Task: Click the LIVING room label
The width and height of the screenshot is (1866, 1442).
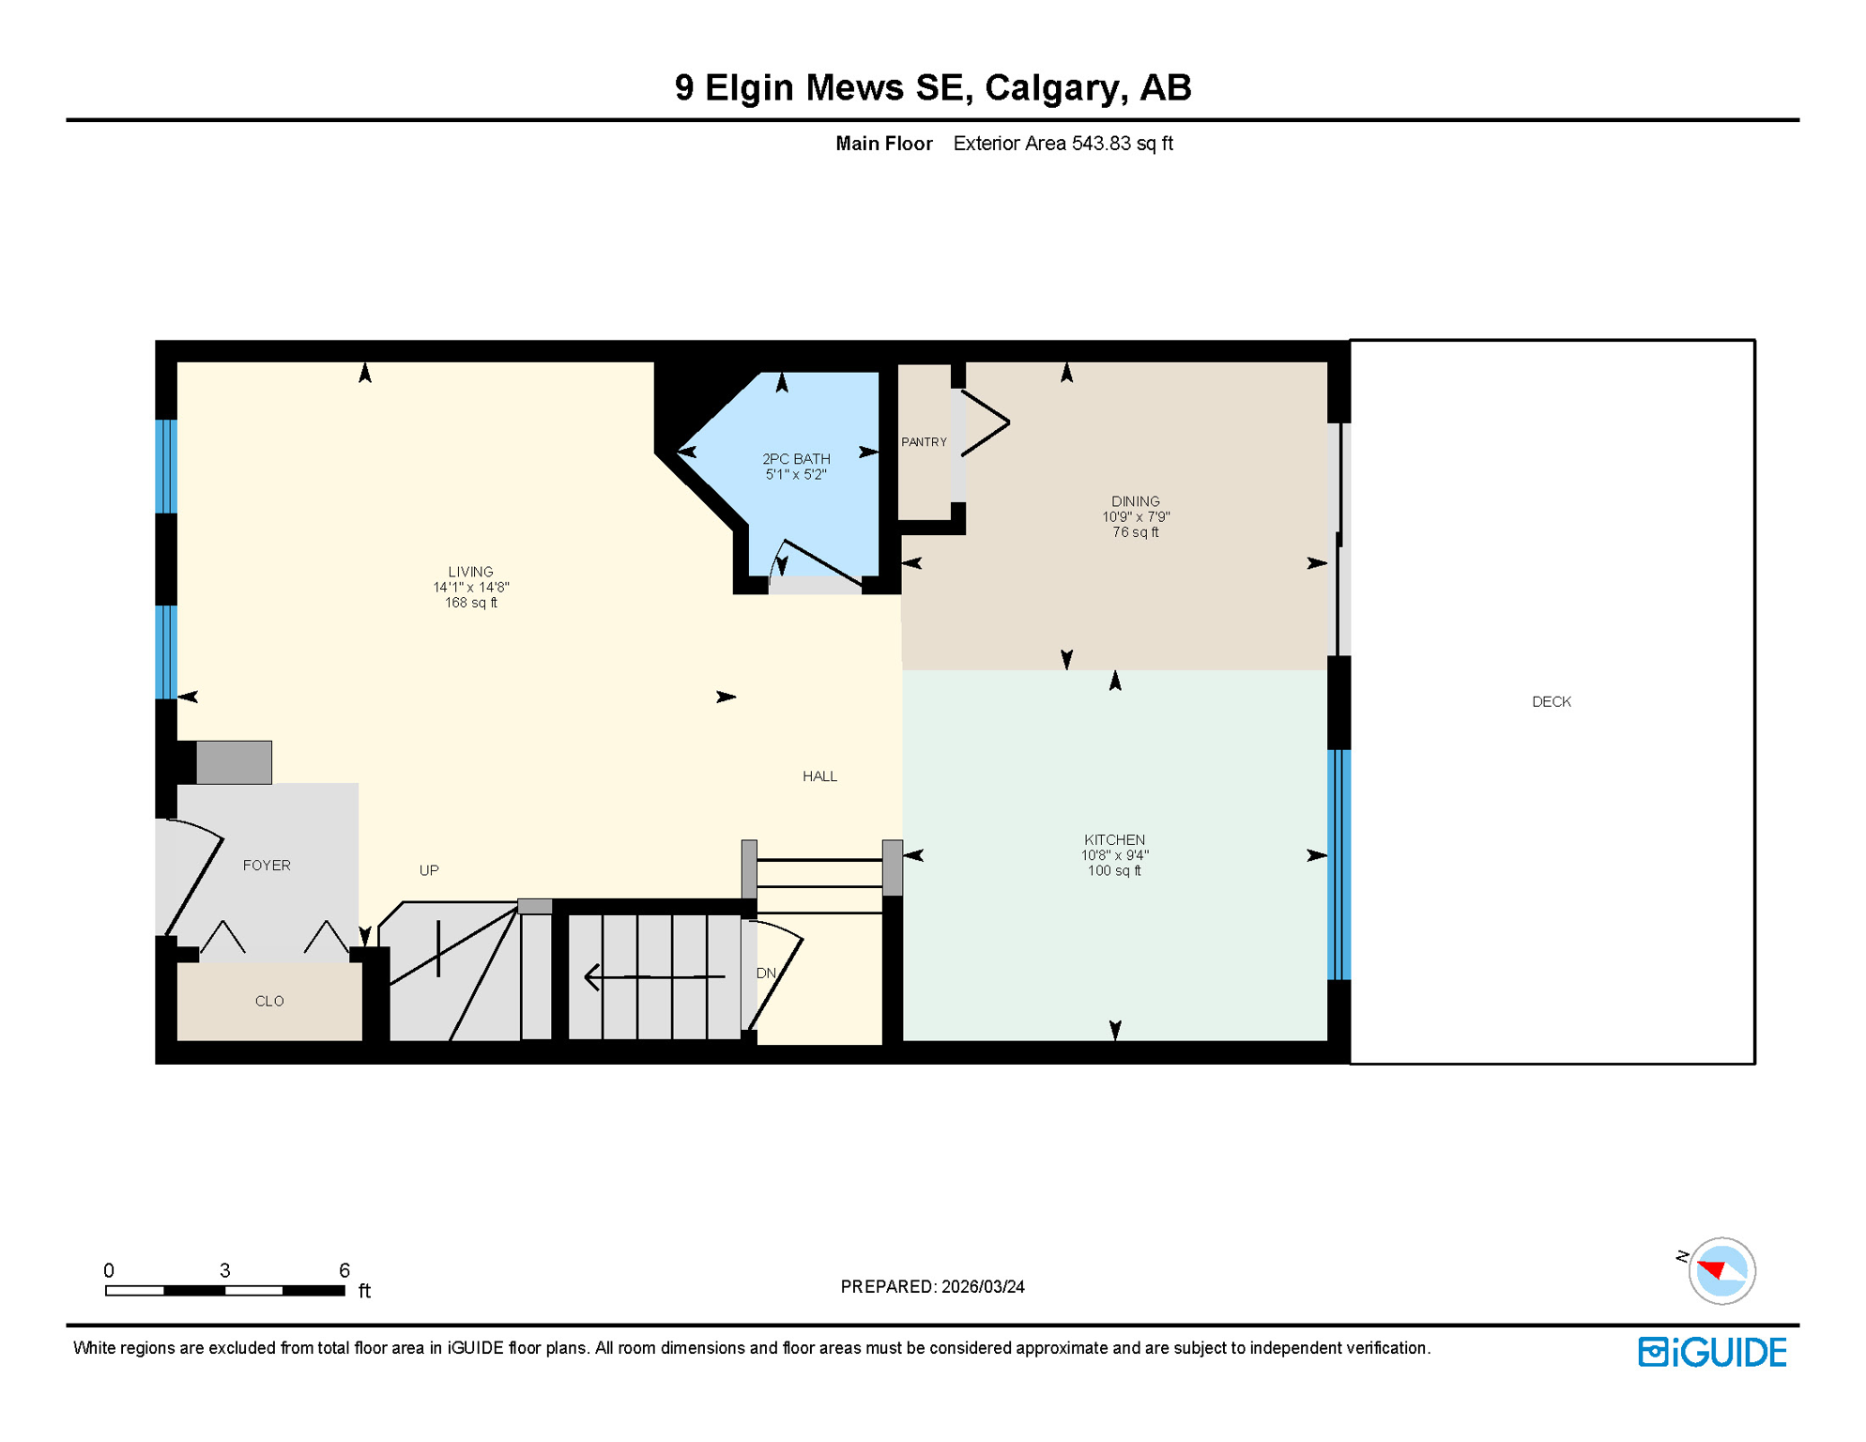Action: tap(470, 572)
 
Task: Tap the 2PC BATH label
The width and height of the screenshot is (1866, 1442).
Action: tap(796, 459)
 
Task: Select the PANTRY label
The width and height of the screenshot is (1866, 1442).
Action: tap(924, 442)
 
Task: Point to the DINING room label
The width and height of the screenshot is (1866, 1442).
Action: tap(1135, 501)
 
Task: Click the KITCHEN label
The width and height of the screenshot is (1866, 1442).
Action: tap(1114, 839)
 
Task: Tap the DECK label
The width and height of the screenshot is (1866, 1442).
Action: tap(1551, 701)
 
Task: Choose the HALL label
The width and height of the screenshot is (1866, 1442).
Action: tap(819, 776)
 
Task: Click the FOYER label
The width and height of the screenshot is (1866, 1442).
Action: tap(267, 866)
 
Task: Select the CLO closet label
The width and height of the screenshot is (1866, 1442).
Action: tap(269, 1001)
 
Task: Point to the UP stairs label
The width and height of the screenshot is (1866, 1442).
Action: tap(429, 870)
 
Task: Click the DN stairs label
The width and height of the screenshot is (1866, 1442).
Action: tap(766, 974)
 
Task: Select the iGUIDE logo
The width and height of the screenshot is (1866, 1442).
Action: tap(1712, 1352)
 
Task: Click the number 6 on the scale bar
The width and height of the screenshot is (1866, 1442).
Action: tap(344, 1270)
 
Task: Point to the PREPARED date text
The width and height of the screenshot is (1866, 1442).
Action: tap(932, 1287)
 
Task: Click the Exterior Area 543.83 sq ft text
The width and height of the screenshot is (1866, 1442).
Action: tap(1063, 144)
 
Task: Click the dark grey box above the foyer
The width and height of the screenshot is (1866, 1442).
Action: tap(234, 761)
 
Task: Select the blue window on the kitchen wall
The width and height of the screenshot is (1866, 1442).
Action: tap(1339, 864)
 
